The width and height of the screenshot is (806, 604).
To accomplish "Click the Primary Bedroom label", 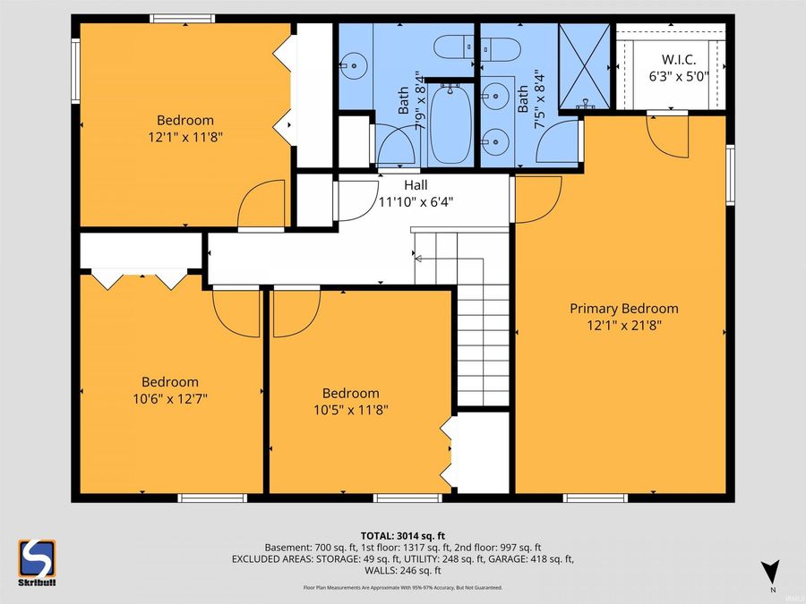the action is pyautogui.click(x=623, y=309).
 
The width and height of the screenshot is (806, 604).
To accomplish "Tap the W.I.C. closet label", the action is pyautogui.click(x=679, y=60).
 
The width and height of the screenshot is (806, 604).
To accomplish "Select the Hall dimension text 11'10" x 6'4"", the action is pyautogui.click(x=416, y=202).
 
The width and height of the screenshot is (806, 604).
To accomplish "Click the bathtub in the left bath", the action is pyautogui.click(x=450, y=123).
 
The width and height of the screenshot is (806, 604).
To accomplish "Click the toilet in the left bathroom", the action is pyautogui.click(x=453, y=47).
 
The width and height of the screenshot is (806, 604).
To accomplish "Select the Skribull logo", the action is pyautogui.click(x=37, y=563).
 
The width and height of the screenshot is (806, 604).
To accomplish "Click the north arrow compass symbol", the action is pyautogui.click(x=770, y=571).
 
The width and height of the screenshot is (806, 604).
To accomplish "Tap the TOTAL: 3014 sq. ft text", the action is pyautogui.click(x=402, y=537).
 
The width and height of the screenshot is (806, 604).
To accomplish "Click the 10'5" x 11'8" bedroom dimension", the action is pyautogui.click(x=351, y=410).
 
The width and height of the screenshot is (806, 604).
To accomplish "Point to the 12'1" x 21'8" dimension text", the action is pyautogui.click(x=624, y=325).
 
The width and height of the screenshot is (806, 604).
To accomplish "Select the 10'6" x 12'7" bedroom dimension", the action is pyautogui.click(x=170, y=398).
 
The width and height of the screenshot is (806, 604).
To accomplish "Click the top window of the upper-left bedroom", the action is pyautogui.click(x=183, y=19).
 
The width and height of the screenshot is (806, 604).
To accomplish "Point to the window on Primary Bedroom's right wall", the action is pyautogui.click(x=730, y=175).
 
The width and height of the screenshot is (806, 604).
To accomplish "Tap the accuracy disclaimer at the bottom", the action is pyautogui.click(x=403, y=588).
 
